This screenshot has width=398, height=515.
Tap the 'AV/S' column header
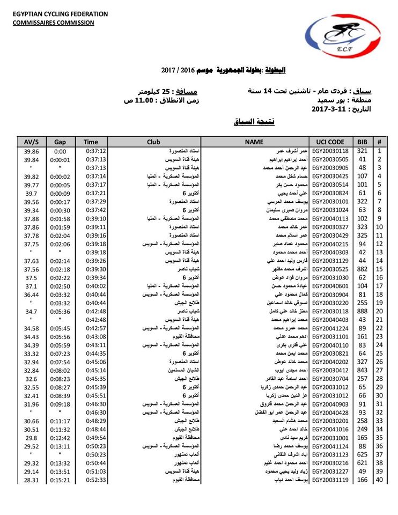[32, 142]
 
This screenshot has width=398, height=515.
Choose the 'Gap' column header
[60, 142]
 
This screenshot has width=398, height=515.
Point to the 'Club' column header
[153, 142]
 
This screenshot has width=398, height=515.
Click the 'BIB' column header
[362, 142]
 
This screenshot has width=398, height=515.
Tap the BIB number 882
[362, 269]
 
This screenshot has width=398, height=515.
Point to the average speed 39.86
[32, 151]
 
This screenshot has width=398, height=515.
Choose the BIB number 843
[362, 371]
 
